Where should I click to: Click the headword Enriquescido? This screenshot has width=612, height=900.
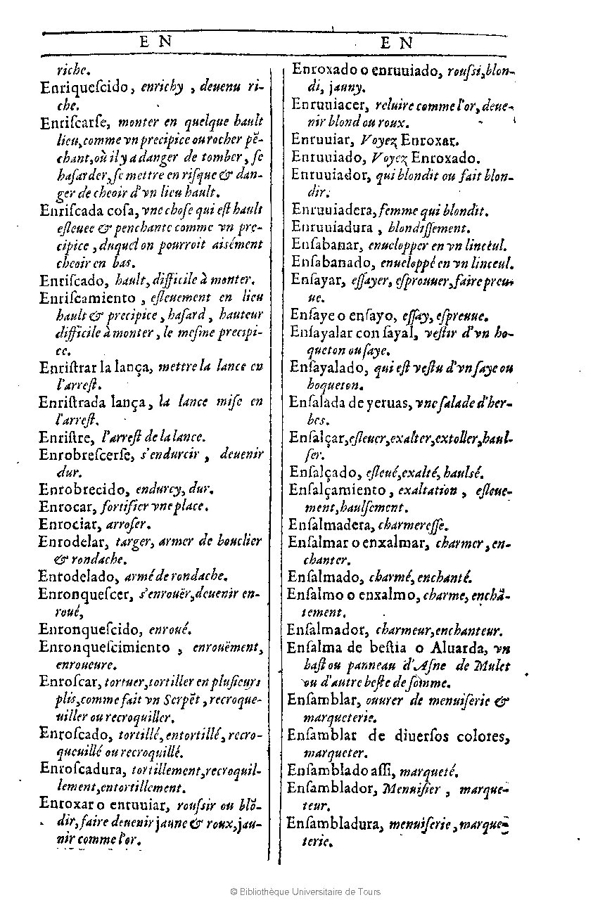(x=84, y=89)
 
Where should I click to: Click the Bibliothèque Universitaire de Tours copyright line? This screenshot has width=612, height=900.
(x=305, y=892)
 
